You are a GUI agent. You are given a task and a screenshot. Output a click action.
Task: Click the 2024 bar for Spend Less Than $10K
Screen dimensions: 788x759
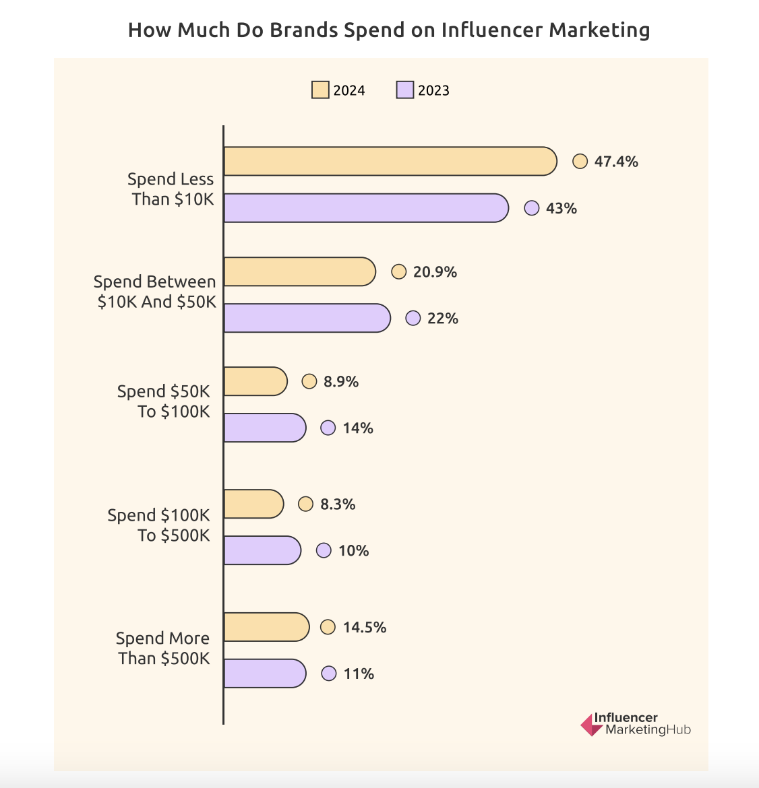[x=390, y=161]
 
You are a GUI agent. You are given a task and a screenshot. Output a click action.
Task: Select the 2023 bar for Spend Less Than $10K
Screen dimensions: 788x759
[x=365, y=208]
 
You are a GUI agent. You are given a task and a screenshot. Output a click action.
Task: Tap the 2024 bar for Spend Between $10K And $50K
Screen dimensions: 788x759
[x=299, y=271]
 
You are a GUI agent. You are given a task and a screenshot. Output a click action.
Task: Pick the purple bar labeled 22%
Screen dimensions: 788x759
[x=307, y=318]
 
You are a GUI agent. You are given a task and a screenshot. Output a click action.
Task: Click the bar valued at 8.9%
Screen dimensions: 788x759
[x=255, y=381]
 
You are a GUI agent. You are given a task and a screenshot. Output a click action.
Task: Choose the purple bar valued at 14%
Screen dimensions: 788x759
[x=264, y=428]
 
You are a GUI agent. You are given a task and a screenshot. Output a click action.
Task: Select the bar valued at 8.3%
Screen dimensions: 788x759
[x=253, y=504]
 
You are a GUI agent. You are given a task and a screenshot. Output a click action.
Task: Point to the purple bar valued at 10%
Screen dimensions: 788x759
[x=262, y=550]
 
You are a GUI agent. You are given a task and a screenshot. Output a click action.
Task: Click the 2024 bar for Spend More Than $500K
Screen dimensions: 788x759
[x=266, y=627]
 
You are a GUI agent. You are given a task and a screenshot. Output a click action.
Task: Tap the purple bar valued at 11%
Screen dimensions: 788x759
[x=264, y=674]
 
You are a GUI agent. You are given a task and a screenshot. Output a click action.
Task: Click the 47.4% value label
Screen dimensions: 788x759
[x=616, y=162]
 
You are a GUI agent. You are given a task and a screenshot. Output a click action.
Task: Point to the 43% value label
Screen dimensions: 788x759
[x=561, y=209]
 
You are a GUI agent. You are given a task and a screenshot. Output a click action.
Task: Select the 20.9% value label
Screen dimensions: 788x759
[x=435, y=272]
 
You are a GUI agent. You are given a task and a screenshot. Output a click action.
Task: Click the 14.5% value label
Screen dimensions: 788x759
[x=365, y=628]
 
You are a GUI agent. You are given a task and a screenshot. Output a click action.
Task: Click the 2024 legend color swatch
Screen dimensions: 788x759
[x=320, y=90]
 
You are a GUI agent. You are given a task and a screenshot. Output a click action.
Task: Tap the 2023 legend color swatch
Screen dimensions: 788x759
[x=405, y=90]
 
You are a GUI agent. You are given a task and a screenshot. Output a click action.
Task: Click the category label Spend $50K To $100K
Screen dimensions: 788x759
[x=164, y=401]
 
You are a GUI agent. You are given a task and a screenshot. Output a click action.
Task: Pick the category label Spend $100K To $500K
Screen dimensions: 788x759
[x=159, y=525]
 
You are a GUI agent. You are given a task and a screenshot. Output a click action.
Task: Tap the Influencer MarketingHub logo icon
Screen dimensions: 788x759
[x=592, y=725]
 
